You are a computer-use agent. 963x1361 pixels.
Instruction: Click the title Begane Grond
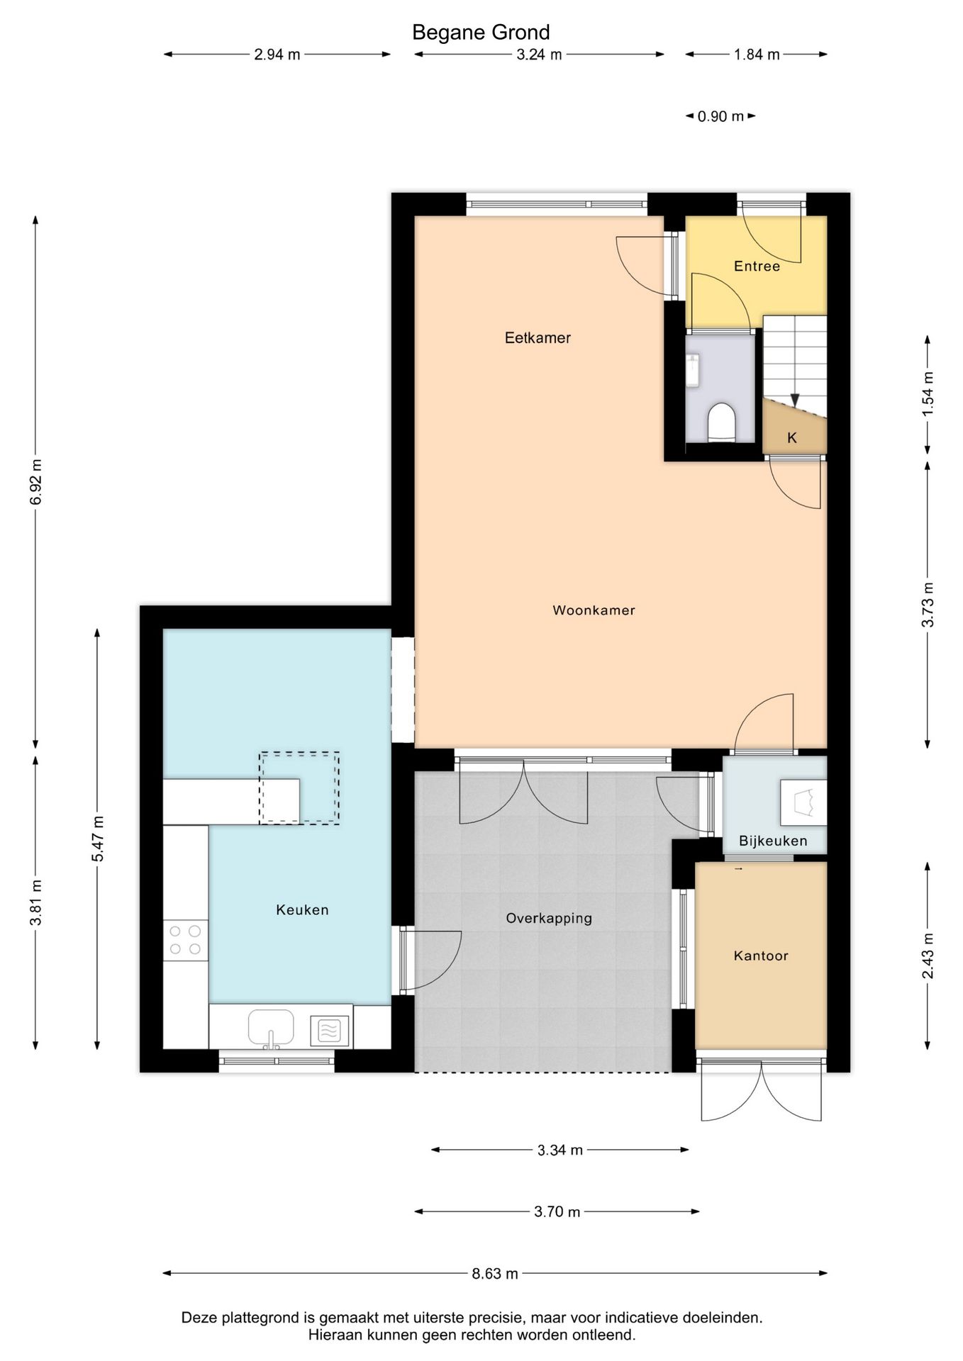[481, 33]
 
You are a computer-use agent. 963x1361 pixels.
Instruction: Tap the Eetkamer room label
[538, 337]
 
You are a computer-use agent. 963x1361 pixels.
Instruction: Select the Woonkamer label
[594, 610]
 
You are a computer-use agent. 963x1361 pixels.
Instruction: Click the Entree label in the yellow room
[757, 266]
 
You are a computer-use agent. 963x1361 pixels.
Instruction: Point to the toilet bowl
[722, 422]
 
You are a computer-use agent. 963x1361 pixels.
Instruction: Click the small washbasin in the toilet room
[693, 370]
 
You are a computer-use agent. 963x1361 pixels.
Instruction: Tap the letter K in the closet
[792, 437]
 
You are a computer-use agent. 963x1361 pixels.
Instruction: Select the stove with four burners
[185, 940]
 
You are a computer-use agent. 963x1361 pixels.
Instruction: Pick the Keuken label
[302, 909]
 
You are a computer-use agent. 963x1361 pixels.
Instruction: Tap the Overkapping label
[549, 918]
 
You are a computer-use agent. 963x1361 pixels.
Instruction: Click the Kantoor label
[761, 956]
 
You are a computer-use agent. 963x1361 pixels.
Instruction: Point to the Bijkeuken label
[773, 841]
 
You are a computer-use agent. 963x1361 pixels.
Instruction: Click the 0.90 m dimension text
[720, 116]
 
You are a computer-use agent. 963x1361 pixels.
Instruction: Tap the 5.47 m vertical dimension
[97, 839]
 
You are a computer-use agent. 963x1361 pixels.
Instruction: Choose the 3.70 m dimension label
[557, 1211]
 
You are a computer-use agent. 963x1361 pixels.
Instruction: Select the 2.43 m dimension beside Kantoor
[928, 956]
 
